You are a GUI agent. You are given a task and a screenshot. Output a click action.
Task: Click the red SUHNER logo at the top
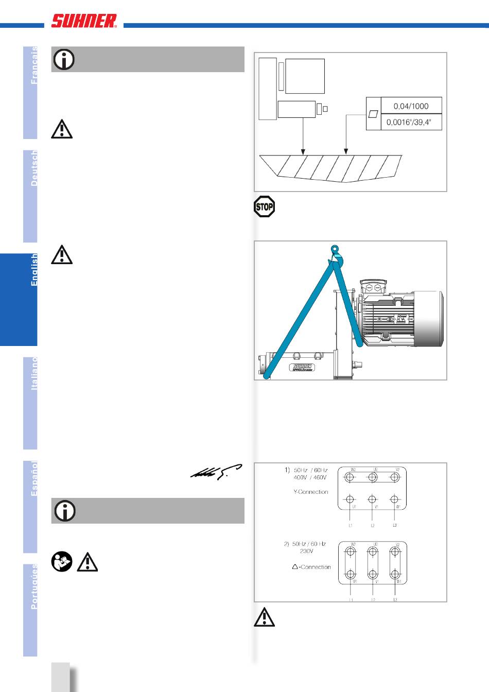pos(84,21)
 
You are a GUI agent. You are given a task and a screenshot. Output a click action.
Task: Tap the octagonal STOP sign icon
pos(264,207)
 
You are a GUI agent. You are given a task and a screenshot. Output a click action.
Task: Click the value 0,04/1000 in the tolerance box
pos(411,106)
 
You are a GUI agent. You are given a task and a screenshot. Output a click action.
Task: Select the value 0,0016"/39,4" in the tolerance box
pos(411,123)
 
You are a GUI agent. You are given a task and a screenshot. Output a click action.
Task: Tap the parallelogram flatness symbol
pos(373,113)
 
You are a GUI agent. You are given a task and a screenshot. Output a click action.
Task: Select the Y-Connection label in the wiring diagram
pos(310,492)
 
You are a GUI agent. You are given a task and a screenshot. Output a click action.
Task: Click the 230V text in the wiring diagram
pos(306,551)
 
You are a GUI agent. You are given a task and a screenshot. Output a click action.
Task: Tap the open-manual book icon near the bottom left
pos(62,562)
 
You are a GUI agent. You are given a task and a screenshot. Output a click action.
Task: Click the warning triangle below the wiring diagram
pos(264,617)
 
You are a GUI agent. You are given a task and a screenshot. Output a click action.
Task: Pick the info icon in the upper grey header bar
pos(64,60)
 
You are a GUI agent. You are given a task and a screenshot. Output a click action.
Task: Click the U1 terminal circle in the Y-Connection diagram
pos(351,499)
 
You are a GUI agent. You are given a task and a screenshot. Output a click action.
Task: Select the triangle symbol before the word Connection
pos(295,567)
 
